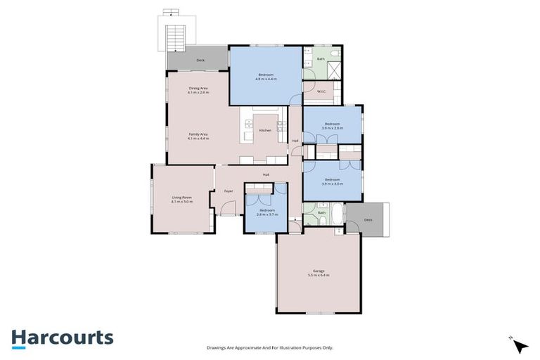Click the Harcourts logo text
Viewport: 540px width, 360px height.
tap(62, 337)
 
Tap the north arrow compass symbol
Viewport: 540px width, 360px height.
tap(520, 345)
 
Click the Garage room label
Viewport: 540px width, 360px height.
tap(318, 271)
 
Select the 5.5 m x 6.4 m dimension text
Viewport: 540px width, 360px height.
tap(318, 275)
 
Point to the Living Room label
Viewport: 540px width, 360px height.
tap(182, 197)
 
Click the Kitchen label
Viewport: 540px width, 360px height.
tap(265, 131)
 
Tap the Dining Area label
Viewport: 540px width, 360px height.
tap(198, 88)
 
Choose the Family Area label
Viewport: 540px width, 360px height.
tap(198, 134)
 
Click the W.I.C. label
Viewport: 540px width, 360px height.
tap(320, 91)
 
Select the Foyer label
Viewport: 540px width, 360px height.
tap(228, 191)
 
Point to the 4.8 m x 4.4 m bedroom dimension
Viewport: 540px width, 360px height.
tap(266, 79)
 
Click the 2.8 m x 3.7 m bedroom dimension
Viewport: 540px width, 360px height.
tap(267, 214)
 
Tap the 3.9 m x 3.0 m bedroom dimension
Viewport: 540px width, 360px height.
tap(332, 184)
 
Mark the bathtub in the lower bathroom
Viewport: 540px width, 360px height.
tap(337, 212)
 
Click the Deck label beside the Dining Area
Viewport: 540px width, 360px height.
tap(200, 61)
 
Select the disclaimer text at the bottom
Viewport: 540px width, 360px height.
tap(269, 347)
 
